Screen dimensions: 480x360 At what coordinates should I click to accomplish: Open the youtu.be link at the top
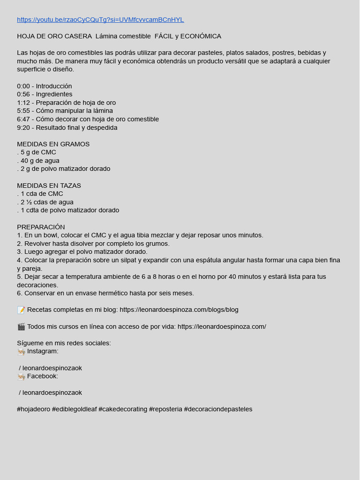(x=100, y=20)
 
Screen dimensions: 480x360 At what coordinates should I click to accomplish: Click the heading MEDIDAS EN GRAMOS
(x=53, y=144)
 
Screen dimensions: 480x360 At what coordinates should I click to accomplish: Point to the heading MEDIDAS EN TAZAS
(x=49, y=186)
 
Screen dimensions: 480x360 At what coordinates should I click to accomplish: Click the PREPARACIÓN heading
(x=41, y=227)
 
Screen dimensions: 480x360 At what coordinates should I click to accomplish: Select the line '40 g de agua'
(x=40, y=161)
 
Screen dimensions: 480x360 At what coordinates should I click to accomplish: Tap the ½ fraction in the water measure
(x=29, y=202)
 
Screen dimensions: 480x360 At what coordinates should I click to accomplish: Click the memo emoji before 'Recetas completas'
(x=21, y=310)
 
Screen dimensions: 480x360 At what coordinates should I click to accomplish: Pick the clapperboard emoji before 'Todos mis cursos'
(x=21, y=327)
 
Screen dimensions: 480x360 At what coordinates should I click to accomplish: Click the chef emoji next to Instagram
(x=21, y=352)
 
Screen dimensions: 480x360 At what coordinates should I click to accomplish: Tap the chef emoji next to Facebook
(x=21, y=376)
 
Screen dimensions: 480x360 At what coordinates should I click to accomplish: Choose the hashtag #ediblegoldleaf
(x=74, y=409)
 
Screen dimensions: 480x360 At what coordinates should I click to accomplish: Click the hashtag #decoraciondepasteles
(x=218, y=409)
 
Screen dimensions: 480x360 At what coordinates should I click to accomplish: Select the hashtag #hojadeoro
(x=33, y=409)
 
